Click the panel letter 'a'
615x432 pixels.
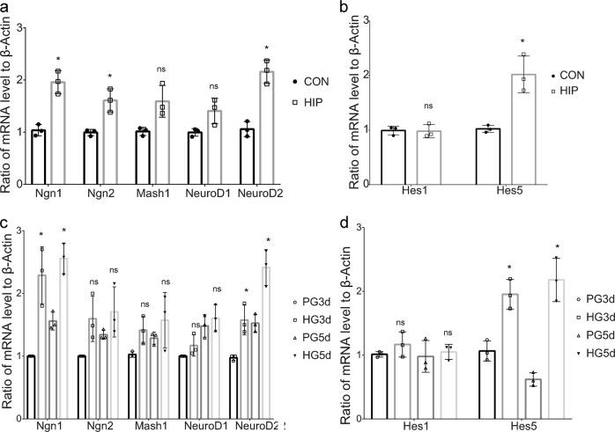tap(7, 8)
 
